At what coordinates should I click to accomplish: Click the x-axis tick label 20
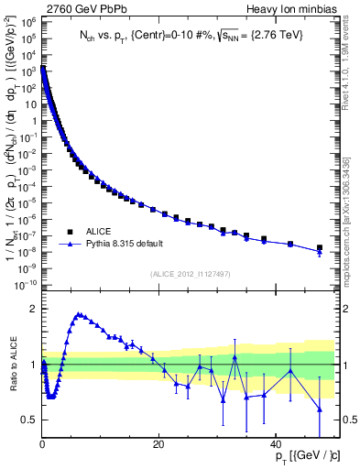point(158,444)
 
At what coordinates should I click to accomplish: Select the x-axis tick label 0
point(43,444)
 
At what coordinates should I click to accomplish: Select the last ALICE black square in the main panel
point(319,247)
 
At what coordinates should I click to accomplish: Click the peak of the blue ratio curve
point(80,314)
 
